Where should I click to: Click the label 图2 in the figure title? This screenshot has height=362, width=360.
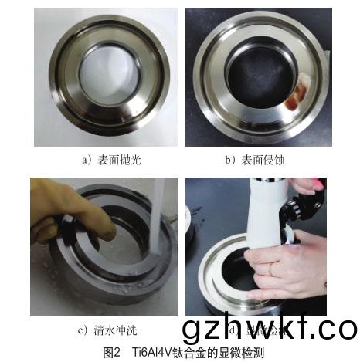click(x=112, y=353)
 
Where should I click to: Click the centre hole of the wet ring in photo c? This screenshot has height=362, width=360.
click(x=124, y=255)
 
